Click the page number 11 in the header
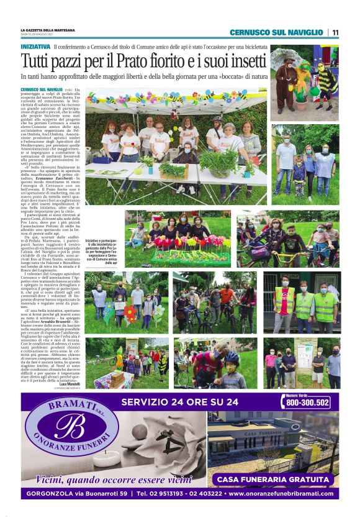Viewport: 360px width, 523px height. pyautogui.click(x=335, y=32)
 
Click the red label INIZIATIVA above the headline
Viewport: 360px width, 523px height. pyautogui.click(x=35, y=47)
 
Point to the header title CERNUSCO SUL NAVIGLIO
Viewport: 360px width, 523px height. pyautogui.click(x=276, y=32)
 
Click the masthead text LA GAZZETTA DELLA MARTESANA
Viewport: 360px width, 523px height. pyautogui.click(x=48, y=30)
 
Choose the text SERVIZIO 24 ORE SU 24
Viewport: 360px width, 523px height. pyautogui.click(x=179, y=402)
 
